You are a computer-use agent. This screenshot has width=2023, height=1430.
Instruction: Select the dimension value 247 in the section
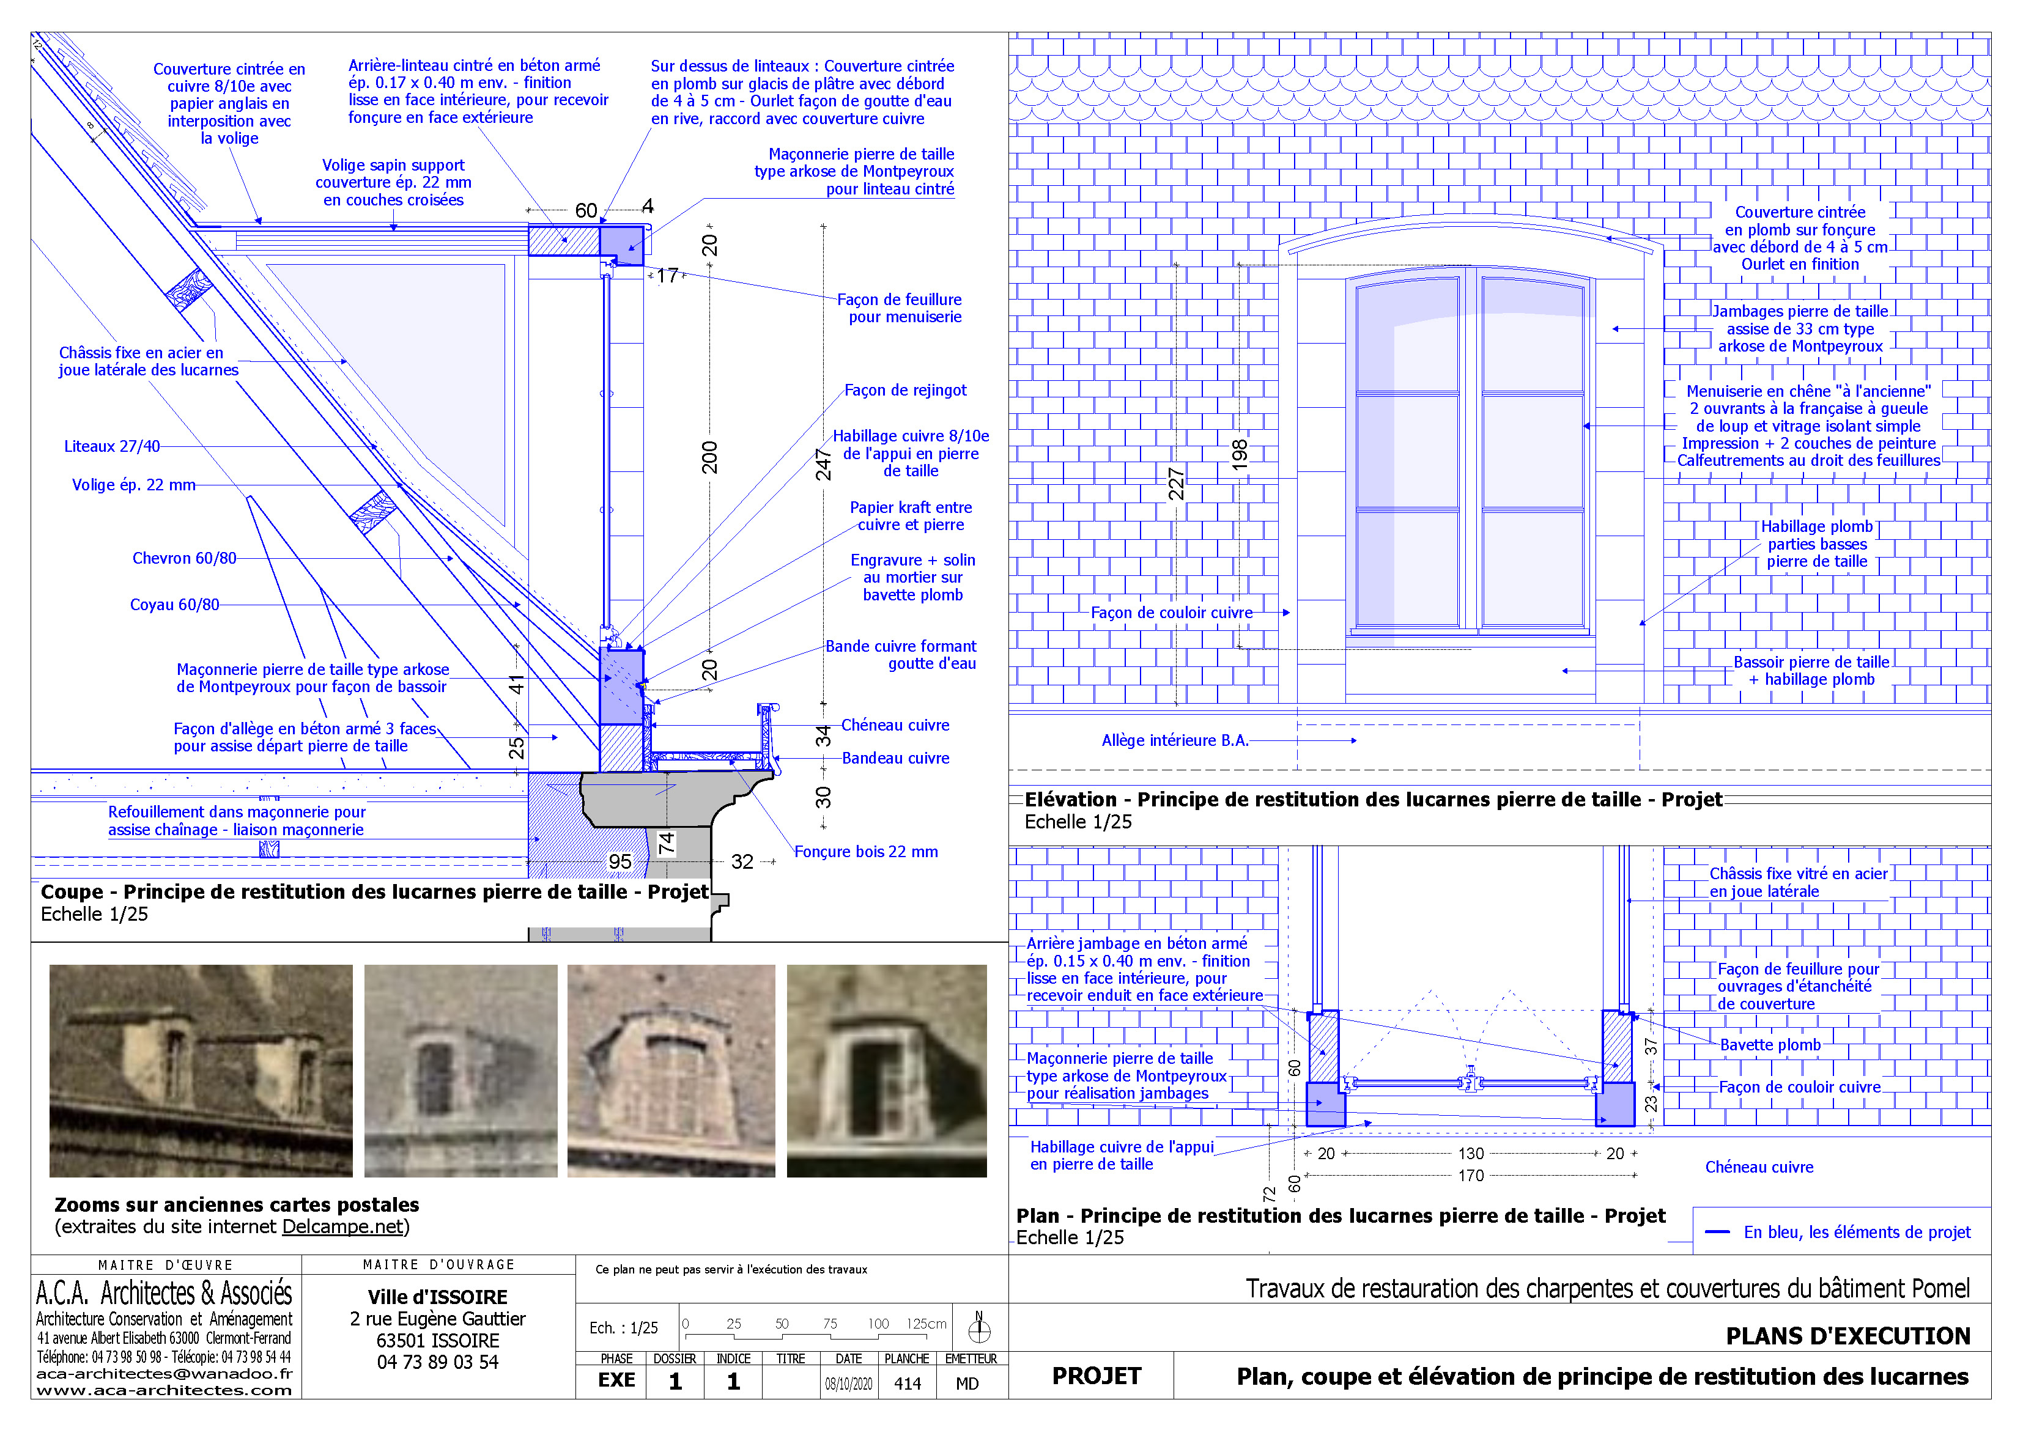[823, 464]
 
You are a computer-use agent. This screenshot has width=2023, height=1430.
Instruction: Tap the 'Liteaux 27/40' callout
[112, 447]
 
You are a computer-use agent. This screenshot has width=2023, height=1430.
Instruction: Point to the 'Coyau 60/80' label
[174, 605]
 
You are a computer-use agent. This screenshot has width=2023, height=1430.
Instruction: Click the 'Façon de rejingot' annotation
[905, 390]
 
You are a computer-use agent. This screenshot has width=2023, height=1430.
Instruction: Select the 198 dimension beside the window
[1240, 454]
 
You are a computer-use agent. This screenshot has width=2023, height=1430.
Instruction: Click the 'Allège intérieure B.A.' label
[1175, 741]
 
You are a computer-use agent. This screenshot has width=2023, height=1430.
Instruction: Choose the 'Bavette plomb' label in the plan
[1769, 1045]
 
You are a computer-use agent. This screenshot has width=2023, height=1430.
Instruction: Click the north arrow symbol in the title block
[979, 1328]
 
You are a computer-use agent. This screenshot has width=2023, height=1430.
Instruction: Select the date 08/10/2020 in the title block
[848, 1384]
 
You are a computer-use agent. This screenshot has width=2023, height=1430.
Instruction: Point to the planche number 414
[907, 1384]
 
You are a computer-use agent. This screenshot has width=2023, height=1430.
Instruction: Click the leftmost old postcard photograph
[201, 1071]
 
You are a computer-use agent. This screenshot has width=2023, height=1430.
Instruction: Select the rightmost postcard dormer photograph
[886, 1071]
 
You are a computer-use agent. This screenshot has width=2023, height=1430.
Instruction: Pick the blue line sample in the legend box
[1717, 1232]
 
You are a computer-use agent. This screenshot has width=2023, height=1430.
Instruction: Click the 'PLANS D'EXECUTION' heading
[1847, 1336]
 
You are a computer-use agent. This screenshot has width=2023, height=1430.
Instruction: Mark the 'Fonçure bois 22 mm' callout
[865, 852]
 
